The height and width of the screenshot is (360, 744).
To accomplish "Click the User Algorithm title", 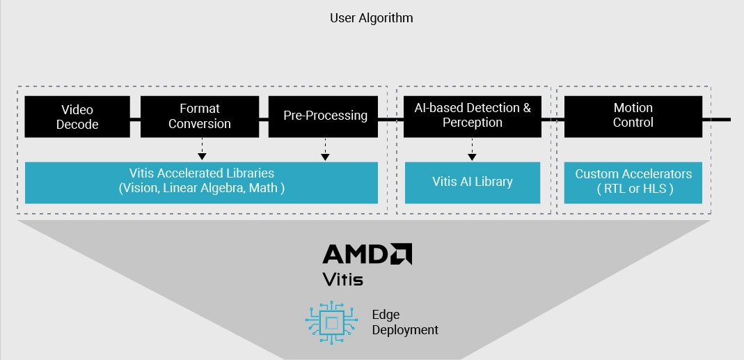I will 371,18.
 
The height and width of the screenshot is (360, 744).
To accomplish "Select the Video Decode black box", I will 77,117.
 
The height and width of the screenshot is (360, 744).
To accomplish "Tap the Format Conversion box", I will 200,116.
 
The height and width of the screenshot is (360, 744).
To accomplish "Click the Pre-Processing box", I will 325,116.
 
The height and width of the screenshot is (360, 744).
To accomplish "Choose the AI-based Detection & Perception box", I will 473,116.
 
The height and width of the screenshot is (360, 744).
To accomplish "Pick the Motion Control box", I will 633,116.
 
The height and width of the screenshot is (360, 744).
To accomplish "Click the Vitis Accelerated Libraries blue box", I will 201,182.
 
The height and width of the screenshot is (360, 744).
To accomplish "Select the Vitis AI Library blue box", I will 472,182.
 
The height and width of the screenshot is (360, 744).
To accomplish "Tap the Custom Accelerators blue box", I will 633,182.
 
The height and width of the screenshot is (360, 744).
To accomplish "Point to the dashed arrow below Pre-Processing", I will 324,148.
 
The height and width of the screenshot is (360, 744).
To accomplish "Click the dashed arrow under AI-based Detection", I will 472,148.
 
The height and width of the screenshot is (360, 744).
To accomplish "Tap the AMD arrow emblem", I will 400,254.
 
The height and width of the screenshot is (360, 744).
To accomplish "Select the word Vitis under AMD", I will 344,279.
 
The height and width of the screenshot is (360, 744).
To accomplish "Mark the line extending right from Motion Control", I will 716,119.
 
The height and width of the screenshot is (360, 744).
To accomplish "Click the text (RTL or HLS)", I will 633,189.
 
